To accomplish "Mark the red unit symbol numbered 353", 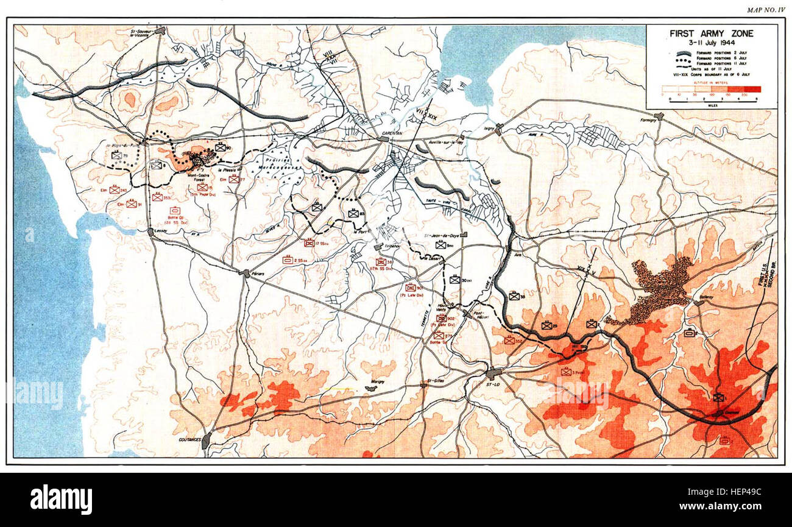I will click(x=158, y=197).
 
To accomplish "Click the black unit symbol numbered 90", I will click(x=220, y=147).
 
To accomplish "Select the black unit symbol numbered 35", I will click(x=515, y=296).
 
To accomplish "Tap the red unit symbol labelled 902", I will click(x=441, y=318).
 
